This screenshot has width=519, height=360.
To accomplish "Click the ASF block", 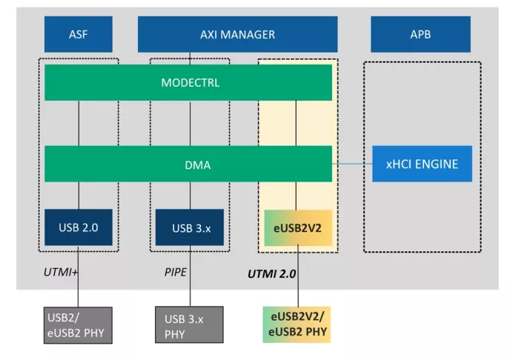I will [79, 34].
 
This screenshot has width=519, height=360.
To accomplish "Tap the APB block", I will [420, 34].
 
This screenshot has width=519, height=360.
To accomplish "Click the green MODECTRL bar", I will [188, 82].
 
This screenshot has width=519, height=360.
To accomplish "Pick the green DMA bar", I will [188, 164].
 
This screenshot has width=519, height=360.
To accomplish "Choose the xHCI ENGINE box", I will [420, 164].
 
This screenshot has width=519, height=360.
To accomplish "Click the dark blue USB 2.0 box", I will [79, 227].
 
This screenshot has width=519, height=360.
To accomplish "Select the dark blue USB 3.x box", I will [189, 227].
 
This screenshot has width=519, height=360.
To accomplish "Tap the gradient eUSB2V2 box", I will [297, 227].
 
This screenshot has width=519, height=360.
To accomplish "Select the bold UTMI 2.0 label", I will [271, 274].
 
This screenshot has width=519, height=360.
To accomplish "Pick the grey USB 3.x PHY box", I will [189, 326].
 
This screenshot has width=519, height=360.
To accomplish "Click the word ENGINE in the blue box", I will [439, 164].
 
